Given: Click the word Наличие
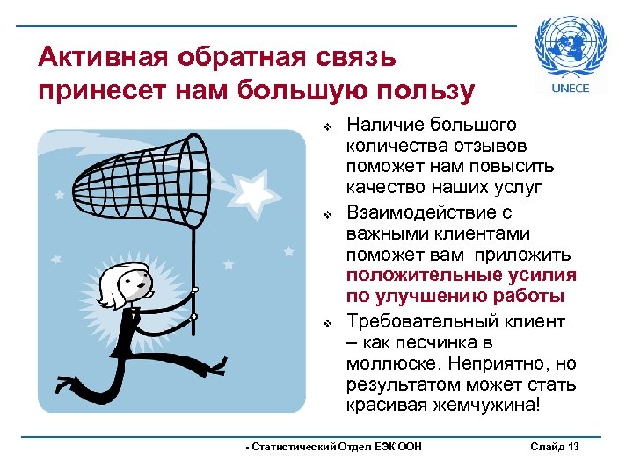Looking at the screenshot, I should (381, 126).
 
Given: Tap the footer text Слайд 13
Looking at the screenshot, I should (555, 447).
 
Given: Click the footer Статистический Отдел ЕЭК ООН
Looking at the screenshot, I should (335, 447).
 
